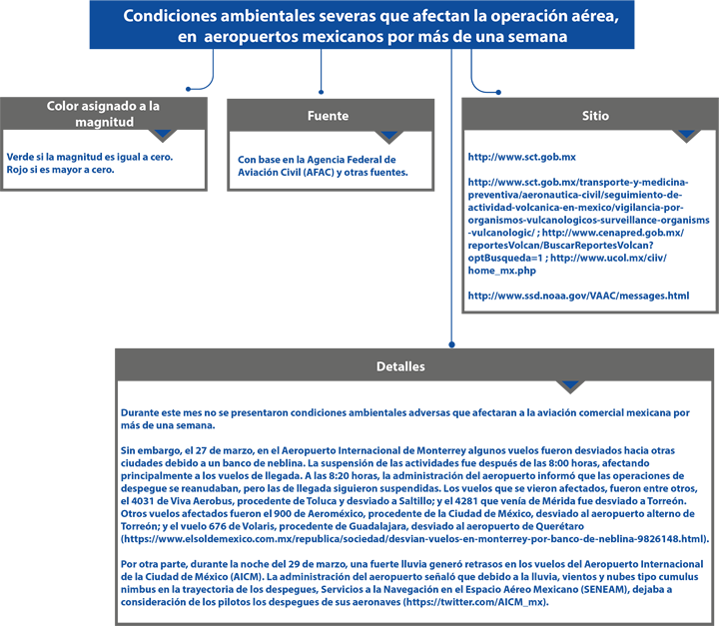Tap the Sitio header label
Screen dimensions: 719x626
[595, 116]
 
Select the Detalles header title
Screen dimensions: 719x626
[400, 366]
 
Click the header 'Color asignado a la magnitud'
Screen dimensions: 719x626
[104, 114]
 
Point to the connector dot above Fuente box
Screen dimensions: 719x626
[321, 92]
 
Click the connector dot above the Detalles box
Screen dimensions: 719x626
[451, 344]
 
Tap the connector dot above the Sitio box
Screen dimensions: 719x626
[498, 92]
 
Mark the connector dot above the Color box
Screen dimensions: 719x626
[188, 89]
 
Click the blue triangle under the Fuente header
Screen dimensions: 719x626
[388, 135]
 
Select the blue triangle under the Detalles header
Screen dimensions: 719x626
[570, 384]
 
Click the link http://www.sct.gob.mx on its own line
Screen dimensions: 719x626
[522, 157]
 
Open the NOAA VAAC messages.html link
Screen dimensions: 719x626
[578, 296]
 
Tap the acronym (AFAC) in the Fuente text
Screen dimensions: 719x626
[320, 173]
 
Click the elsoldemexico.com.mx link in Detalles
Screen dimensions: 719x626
[415, 539]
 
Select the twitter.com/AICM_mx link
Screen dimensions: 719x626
[475, 602]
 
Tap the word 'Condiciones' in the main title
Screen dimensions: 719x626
[170, 16]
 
